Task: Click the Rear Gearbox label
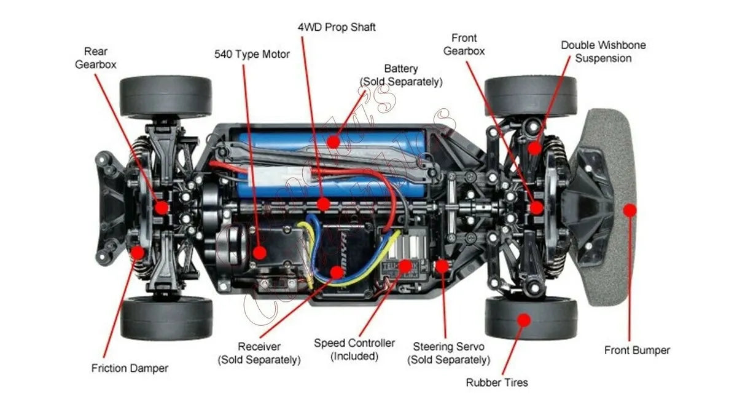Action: pyautogui.click(x=95, y=57)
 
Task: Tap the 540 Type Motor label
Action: pyautogui.click(x=252, y=54)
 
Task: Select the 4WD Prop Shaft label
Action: pyautogui.click(x=336, y=27)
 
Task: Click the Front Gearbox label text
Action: pyautogui.click(x=464, y=45)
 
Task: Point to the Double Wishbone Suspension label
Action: pyautogui.click(x=603, y=52)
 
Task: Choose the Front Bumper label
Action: pyautogui.click(x=637, y=350)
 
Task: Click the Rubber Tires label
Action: pyautogui.click(x=496, y=382)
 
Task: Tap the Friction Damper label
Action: pyautogui.click(x=130, y=368)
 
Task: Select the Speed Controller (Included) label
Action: pyautogui.click(x=354, y=349)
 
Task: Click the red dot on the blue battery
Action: pyautogui.click(x=333, y=141)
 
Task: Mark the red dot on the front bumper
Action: pyautogui.click(x=629, y=210)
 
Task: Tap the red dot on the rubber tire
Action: pyautogui.click(x=523, y=319)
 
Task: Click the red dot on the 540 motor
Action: pyautogui.click(x=260, y=251)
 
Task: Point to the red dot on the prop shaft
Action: pyautogui.click(x=324, y=204)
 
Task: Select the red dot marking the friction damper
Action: pyautogui.click(x=138, y=251)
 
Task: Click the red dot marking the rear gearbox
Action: pyautogui.click(x=161, y=207)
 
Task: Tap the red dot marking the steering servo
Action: pyautogui.click(x=442, y=266)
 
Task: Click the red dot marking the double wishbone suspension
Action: pyautogui.click(x=535, y=148)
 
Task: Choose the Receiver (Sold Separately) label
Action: pyautogui.click(x=259, y=353)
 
